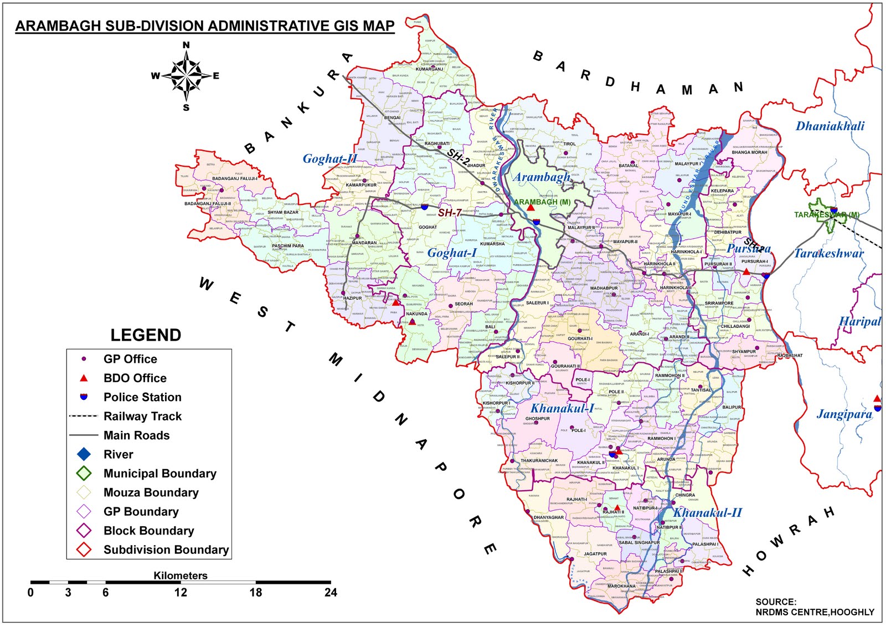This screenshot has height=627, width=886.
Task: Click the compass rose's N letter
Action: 186,45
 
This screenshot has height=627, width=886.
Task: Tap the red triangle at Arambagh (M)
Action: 530,207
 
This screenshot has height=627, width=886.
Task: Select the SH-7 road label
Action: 450,213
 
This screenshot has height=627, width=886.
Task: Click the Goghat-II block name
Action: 329,159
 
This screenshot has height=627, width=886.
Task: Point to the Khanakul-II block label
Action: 707,513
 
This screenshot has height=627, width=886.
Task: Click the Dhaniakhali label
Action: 830,126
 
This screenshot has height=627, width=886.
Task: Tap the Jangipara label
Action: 844,414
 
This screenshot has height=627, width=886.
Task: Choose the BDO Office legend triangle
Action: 84,378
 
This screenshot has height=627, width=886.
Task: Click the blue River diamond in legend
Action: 84,454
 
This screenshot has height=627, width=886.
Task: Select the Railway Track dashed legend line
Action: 84,416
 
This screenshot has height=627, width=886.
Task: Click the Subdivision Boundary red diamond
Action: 84,550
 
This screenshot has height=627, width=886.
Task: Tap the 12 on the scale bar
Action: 181,593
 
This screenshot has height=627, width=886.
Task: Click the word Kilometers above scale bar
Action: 181,575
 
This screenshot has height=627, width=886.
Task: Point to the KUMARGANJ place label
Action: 429,69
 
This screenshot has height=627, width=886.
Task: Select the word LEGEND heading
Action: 146,335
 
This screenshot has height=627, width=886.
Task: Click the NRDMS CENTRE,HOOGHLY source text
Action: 815,612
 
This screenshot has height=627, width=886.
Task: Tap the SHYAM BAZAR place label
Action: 282,212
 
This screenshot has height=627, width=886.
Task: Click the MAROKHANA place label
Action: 621,586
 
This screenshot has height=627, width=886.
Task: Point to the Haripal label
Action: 859,322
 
